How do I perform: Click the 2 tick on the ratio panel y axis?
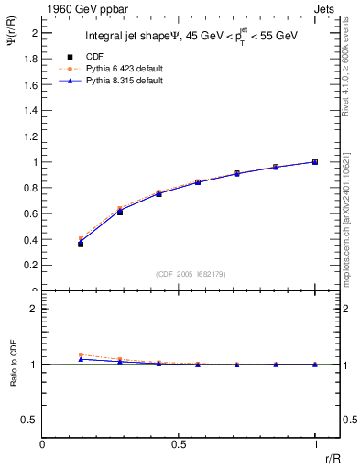34,309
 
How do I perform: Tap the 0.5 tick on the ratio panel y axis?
31,420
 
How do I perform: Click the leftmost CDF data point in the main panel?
81,244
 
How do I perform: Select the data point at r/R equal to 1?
315,162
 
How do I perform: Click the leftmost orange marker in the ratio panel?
81,355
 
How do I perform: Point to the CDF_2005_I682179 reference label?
178,273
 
